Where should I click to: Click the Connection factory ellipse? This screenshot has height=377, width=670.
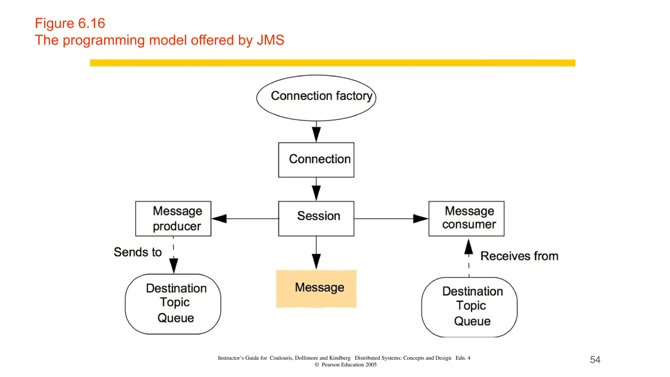pyautogui.click(x=316, y=98)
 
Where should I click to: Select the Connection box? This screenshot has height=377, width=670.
pyautogui.click(x=316, y=160)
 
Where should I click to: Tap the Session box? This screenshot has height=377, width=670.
pyautogui.click(x=316, y=218)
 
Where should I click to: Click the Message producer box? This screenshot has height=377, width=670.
pyautogui.click(x=173, y=218)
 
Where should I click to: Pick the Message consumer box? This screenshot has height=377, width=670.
pyautogui.click(x=466, y=218)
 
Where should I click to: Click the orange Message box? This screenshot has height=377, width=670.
pyautogui.click(x=316, y=288)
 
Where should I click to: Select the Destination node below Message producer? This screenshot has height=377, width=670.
pyautogui.click(x=173, y=304)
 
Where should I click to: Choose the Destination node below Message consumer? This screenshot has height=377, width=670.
pyautogui.click(x=469, y=307)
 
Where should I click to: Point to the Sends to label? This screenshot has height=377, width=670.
pyautogui.click(x=137, y=252)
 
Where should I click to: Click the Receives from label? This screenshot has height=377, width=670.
pyautogui.click(x=519, y=256)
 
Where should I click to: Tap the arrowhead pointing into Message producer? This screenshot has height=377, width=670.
pyautogui.click(x=219, y=219)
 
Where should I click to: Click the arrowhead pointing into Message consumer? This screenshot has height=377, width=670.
pyautogui.click(x=421, y=219)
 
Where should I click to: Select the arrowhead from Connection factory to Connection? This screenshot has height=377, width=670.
pyautogui.click(x=316, y=134)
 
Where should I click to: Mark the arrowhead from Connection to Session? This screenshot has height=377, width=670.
pyautogui.click(x=316, y=193)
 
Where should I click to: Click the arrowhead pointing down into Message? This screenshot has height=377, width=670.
pyautogui.click(x=316, y=261)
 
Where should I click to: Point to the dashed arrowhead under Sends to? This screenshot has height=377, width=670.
pyautogui.click(x=174, y=265)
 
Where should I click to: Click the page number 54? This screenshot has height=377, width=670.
pyautogui.click(x=595, y=360)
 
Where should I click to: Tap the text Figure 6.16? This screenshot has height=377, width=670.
pyautogui.click(x=70, y=23)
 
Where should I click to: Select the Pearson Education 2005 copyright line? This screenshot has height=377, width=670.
pyautogui.click(x=345, y=365)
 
